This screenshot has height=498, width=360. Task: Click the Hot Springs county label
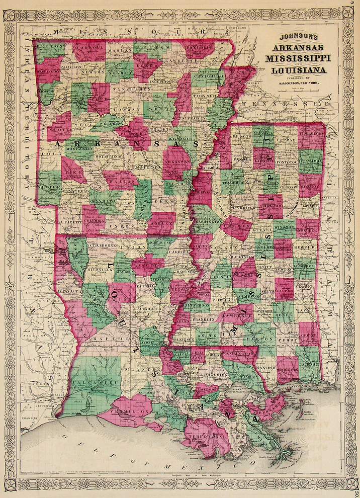click(103, 157)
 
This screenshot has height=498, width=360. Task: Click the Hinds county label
click(222, 276)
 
